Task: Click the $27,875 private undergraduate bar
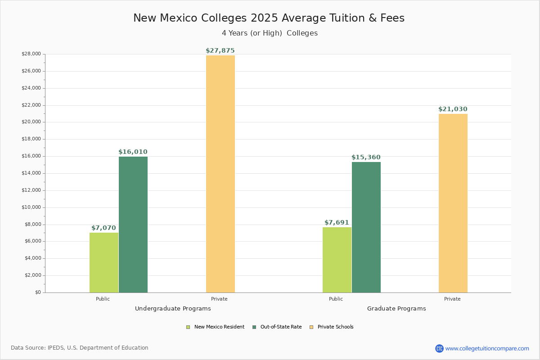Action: tap(220, 174)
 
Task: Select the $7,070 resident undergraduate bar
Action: tap(104, 262)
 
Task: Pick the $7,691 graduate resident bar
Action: tap(337, 260)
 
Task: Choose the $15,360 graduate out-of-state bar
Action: tap(366, 227)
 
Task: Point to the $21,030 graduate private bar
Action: tap(453, 203)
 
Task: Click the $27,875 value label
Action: tap(220, 51)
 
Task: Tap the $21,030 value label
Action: tap(453, 109)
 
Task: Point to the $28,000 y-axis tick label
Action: tap(31, 54)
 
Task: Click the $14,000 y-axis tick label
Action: tap(31, 173)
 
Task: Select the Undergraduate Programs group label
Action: tap(173, 309)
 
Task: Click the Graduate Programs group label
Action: tap(396, 309)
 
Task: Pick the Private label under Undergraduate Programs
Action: tap(219, 299)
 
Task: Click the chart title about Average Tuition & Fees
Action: tap(269, 18)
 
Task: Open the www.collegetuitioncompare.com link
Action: tap(487, 348)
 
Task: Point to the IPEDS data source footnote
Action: tap(80, 348)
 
